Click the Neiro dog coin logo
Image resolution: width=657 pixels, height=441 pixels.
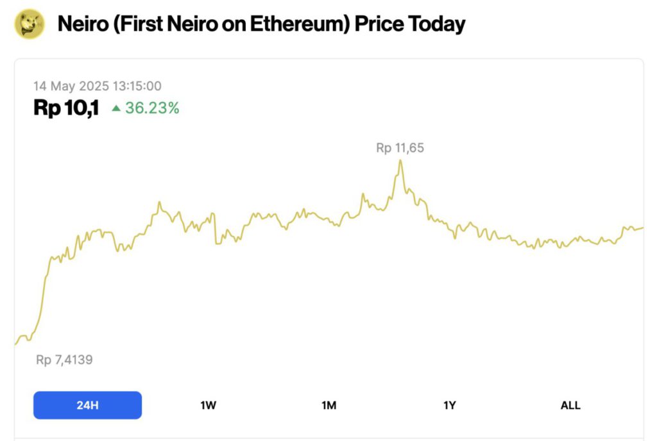pyautogui.click(x=29, y=24)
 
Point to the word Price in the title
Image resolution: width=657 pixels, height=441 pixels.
pyautogui.click(x=377, y=24)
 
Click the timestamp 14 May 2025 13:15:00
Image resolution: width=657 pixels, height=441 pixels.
pyautogui.click(x=98, y=86)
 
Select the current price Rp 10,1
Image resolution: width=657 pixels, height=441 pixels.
pyautogui.click(x=66, y=108)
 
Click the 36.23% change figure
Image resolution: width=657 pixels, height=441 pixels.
pyautogui.click(x=152, y=108)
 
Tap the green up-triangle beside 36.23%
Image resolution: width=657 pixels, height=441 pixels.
pyautogui.click(x=116, y=108)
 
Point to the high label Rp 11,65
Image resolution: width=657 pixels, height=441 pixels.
pyautogui.click(x=400, y=148)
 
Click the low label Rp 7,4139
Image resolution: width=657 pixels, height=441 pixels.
pyautogui.click(x=64, y=360)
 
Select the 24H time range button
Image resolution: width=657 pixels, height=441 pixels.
pyautogui.click(x=87, y=405)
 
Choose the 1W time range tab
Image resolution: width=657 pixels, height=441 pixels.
pyautogui.click(x=208, y=405)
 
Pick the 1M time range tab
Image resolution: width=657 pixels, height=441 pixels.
pyautogui.click(x=328, y=405)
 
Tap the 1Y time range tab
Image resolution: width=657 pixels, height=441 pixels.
pyautogui.click(x=449, y=405)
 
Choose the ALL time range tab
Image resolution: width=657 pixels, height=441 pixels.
pyautogui.click(x=570, y=405)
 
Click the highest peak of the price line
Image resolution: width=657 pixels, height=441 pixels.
pyautogui.click(x=400, y=160)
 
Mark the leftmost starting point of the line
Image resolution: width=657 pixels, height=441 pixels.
pyautogui.click(x=15, y=344)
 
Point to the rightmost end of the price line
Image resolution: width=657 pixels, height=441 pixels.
pyautogui.click(x=642, y=228)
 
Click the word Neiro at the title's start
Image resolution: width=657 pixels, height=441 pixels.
pyautogui.click(x=81, y=24)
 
